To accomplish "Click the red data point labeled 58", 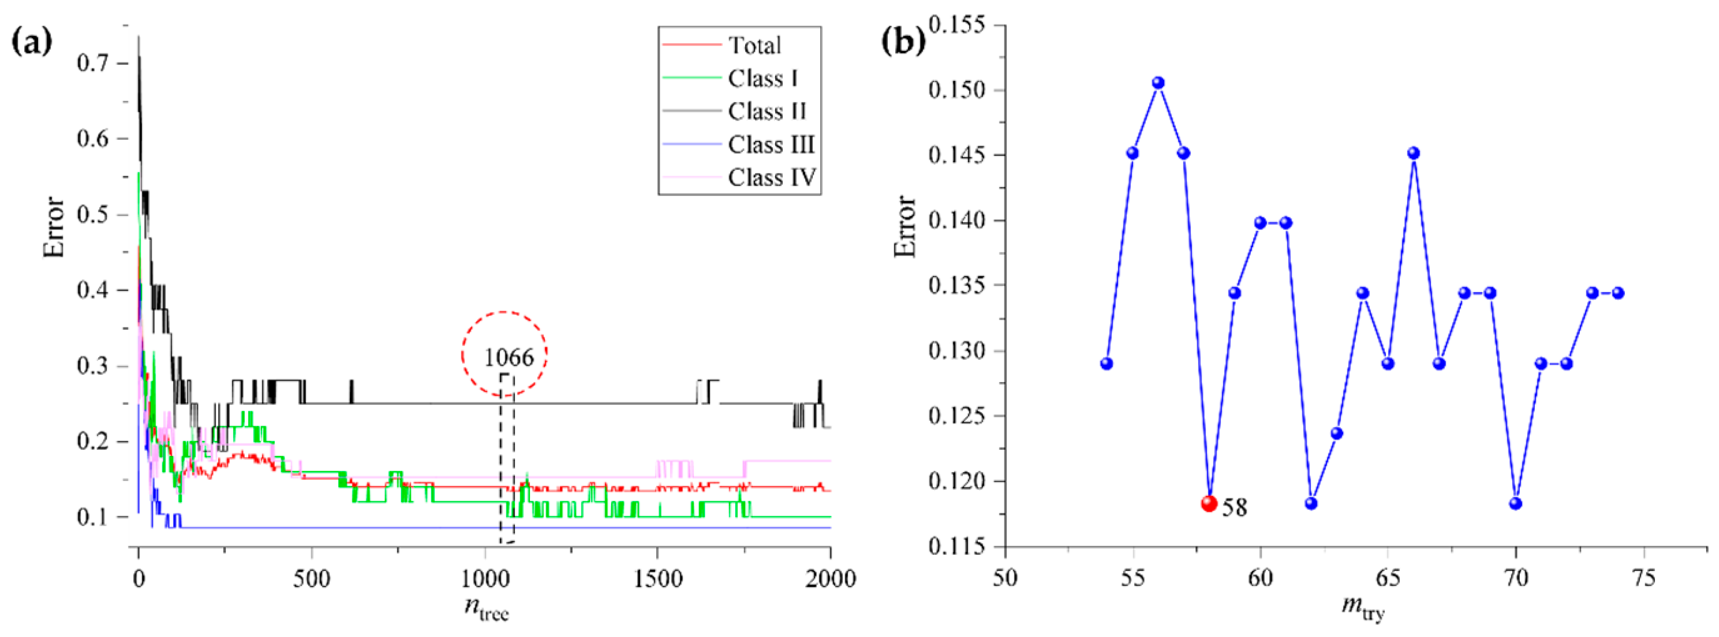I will point(1209,503).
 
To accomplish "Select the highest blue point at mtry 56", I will point(1159,82).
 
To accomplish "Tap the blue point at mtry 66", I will point(1413,152).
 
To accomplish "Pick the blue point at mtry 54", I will point(1107,363).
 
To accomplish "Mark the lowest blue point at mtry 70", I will point(1515,503).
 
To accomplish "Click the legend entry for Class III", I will point(771,144).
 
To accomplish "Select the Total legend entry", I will point(754,45).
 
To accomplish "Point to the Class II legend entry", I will point(767,111).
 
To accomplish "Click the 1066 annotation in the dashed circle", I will point(508,357).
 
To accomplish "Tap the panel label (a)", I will point(32,42).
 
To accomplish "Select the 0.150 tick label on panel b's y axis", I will point(956,90).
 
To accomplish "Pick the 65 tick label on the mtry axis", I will point(1388,577).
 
